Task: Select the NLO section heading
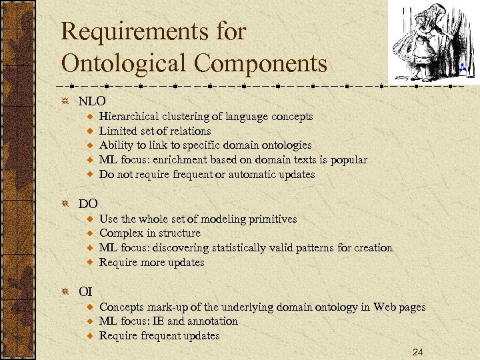point(92,101)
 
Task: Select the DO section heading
point(88,203)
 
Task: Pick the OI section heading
point(85,291)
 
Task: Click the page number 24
point(418,351)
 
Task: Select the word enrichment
point(177,160)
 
